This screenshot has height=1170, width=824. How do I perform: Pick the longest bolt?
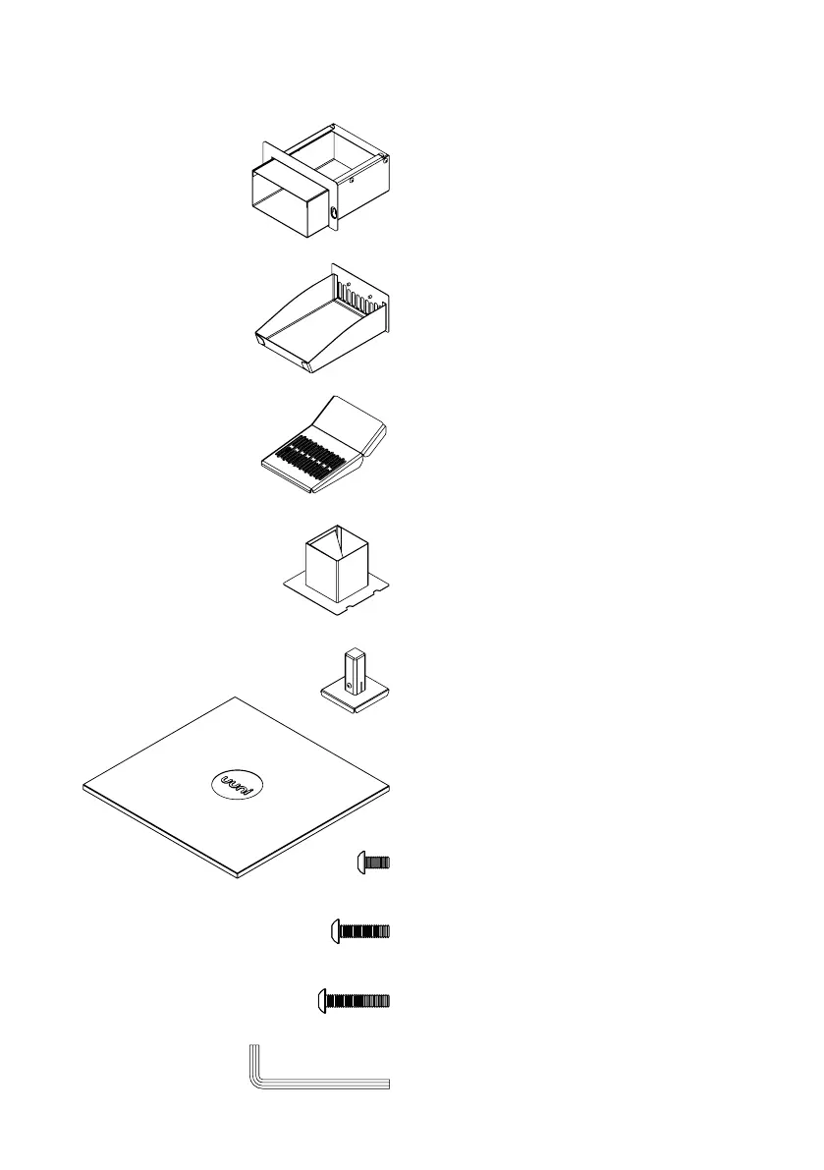point(353,1001)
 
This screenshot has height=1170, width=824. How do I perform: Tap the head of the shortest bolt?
point(360,863)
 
